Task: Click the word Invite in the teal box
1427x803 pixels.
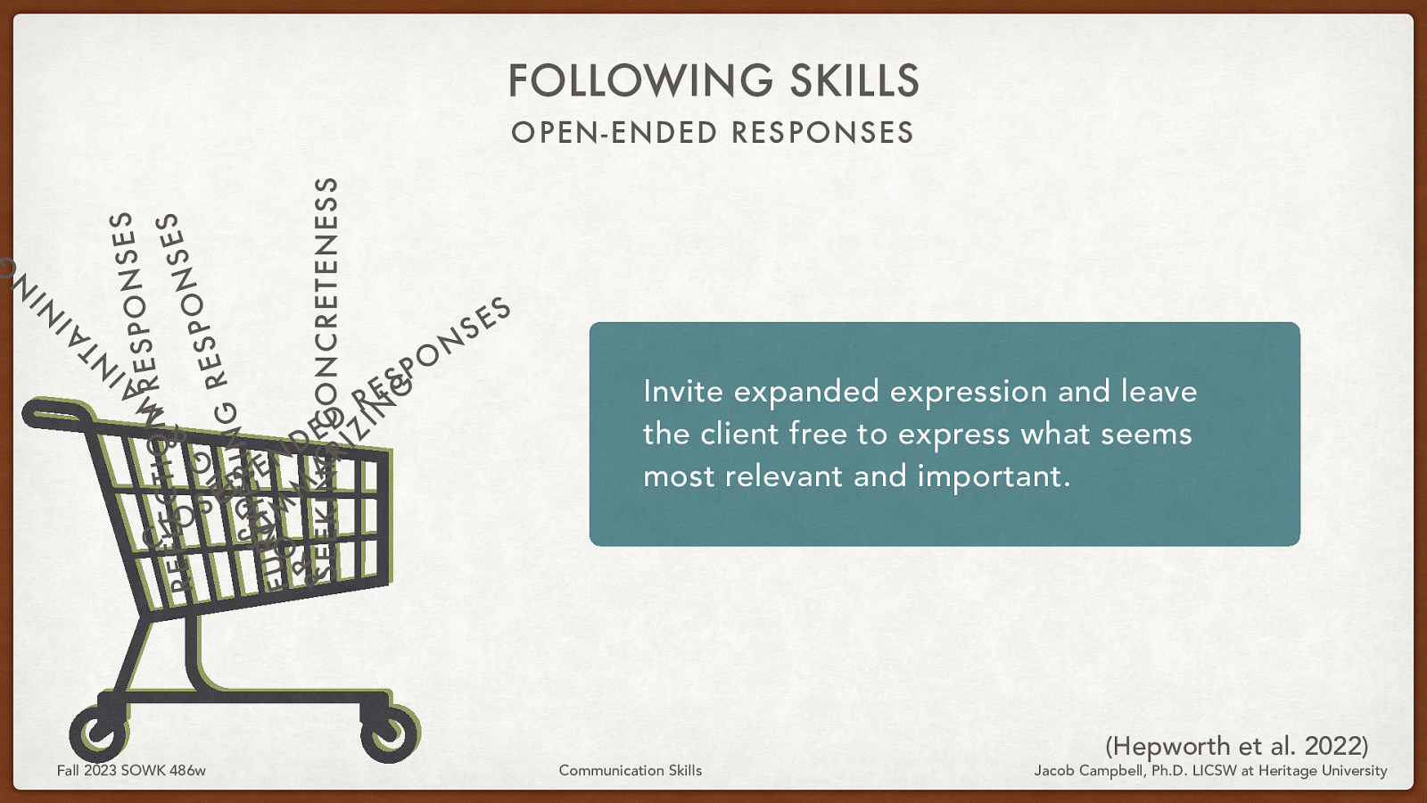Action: pyautogui.click(x=682, y=392)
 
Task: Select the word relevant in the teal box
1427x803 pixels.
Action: pyautogui.click(x=783, y=476)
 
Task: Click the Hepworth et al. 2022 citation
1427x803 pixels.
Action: pyautogui.click(x=1236, y=746)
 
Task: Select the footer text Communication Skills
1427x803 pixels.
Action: pyautogui.click(x=630, y=770)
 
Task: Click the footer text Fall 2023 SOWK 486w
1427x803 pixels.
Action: pyautogui.click(x=131, y=770)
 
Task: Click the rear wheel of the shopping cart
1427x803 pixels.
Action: pyautogui.click(x=98, y=733)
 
